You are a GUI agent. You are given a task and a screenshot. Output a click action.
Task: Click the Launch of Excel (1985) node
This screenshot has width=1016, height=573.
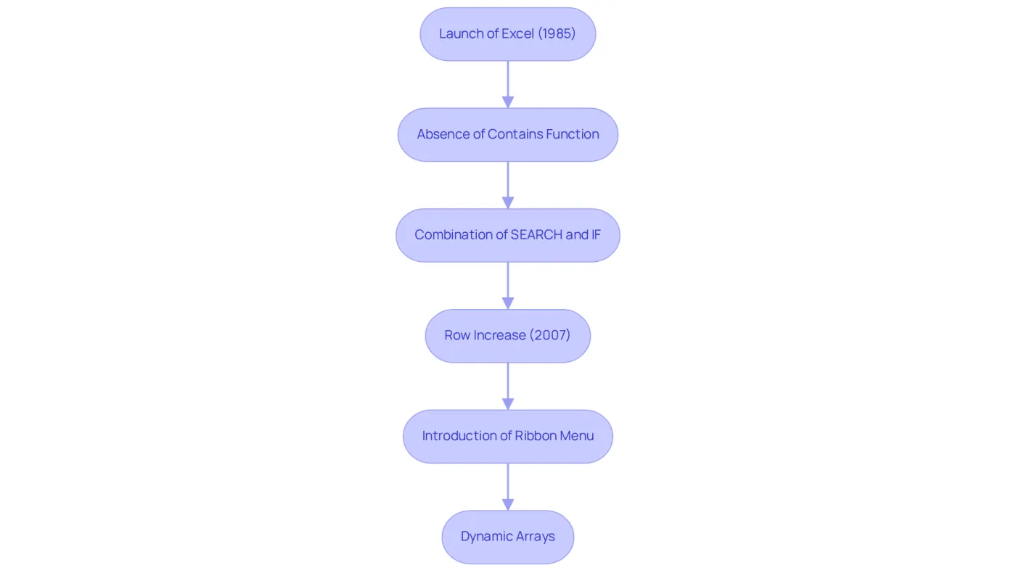pyautogui.click(x=507, y=34)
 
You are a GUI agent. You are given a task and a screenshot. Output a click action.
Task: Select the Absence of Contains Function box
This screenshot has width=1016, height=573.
pyautogui.click(x=507, y=135)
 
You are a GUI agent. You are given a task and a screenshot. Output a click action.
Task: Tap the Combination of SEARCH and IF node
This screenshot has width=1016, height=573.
pyautogui.click(x=507, y=235)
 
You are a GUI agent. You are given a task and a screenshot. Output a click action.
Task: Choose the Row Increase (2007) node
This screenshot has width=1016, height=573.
pyautogui.click(x=507, y=336)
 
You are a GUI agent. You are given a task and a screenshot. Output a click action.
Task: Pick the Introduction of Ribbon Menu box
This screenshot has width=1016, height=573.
pyautogui.click(x=507, y=437)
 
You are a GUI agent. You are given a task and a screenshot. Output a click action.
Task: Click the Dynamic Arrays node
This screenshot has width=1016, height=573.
pyautogui.click(x=507, y=537)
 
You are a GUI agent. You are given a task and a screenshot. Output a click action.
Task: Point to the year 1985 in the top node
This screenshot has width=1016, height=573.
pyautogui.click(x=557, y=33)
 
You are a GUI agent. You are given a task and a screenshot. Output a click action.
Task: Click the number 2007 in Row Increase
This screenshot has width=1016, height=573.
pyautogui.click(x=550, y=335)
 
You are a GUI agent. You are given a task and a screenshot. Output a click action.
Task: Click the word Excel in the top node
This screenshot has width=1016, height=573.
pyautogui.click(x=517, y=33)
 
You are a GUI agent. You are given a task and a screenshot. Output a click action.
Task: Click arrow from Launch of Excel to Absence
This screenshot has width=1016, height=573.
pyautogui.click(x=508, y=84)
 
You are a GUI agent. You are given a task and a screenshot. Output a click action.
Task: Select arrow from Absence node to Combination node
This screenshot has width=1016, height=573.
pyautogui.click(x=508, y=185)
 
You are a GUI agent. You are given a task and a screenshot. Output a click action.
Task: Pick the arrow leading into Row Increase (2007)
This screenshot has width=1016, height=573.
pyautogui.click(x=508, y=286)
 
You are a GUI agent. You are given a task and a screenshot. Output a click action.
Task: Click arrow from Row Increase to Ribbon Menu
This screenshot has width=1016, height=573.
pyautogui.click(x=508, y=386)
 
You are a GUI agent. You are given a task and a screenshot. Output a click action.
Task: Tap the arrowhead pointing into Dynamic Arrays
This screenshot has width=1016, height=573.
pyautogui.click(x=508, y=505)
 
